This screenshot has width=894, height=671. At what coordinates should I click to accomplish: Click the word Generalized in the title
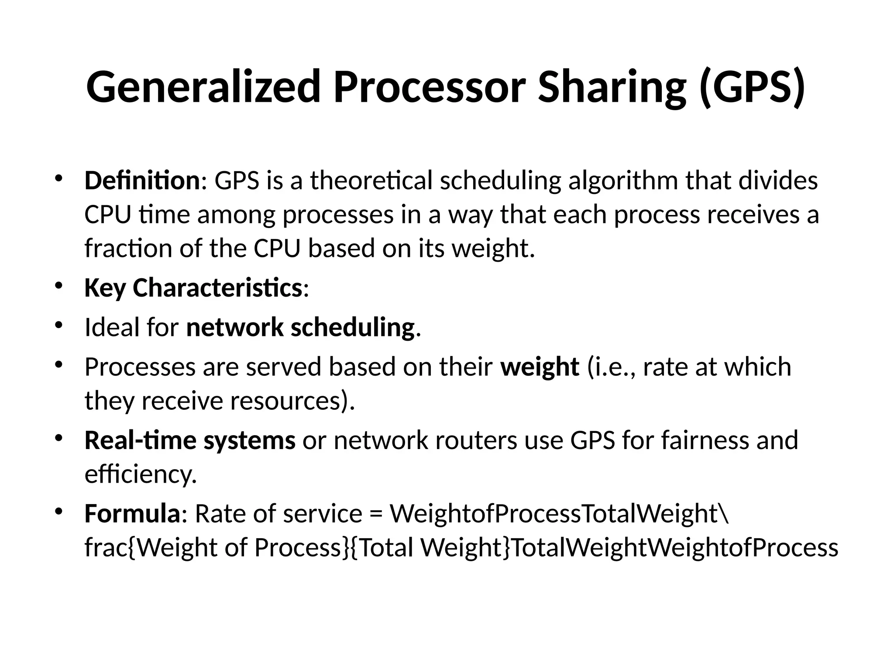pyautogui.click(x=203, y=87)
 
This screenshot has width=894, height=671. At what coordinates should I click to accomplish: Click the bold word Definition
pyautogui.click(x=142, y=181)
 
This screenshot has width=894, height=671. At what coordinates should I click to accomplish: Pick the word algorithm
pyautogui.click(x=623, y=181)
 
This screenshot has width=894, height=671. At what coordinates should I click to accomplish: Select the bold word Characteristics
pyautogui.click(x=217, y=288)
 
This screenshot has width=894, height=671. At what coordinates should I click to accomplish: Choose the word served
pyautogui.click(x=284, y=367)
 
